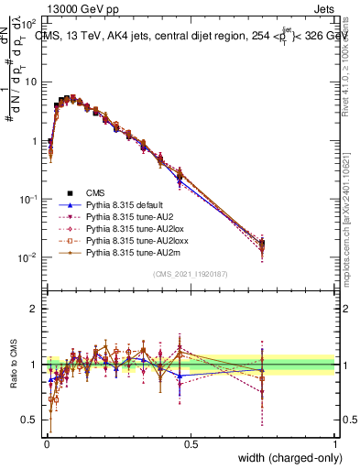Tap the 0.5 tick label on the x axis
191,443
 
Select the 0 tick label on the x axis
47,443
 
